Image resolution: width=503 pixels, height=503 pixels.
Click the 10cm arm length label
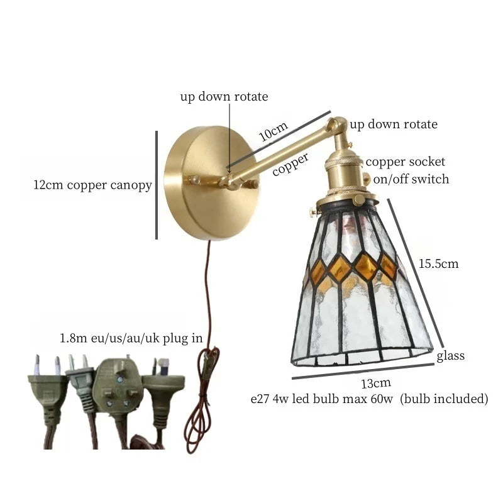click(x=274, y=131)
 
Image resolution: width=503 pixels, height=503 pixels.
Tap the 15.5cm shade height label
click(x=438, y=263)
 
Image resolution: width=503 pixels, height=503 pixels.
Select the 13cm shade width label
click(x=376, y=383)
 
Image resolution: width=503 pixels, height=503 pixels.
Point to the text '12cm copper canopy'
click(x=92, y=185)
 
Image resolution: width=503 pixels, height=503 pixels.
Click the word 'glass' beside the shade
click(x=450, y=356)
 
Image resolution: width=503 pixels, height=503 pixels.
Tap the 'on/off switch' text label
click(x=411, y=179)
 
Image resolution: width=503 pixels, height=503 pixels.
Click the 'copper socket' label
click(x=405, y=162)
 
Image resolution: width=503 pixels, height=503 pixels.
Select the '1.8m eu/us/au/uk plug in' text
click(x=131, y=338)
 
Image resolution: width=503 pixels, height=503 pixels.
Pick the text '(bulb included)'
click(x=444, y=399)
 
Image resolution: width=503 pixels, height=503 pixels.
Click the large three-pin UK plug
click(x=118, y=385)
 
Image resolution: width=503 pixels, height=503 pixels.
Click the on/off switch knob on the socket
click(x=367, y=179)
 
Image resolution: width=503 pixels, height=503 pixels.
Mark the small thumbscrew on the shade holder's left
click(x=314, y=212)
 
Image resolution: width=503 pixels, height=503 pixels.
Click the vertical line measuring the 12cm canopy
click(x=157, y=185)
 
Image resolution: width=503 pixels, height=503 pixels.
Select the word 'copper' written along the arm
click(x=290, y=164)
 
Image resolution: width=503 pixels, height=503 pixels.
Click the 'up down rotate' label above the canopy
click(x=224, y=97)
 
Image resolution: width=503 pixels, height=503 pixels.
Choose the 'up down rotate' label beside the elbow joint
click(x=394, y=124)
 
